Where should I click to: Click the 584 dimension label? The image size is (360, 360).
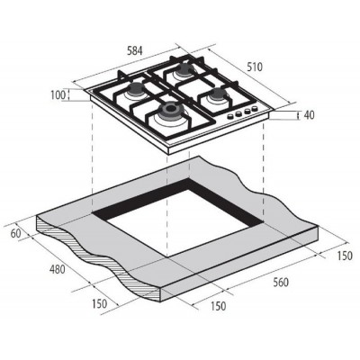tap(134, 51)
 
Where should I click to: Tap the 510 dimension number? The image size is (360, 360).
tap(255, 67)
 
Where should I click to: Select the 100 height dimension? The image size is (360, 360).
tap(58, 95)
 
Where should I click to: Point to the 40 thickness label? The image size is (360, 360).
tap(309, 115)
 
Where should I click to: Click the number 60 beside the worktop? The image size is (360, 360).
tap(16, 234)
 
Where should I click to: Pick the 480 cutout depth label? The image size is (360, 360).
tap(57, 269)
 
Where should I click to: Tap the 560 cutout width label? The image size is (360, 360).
tap(281, 283)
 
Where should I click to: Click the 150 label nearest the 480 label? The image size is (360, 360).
tap(99, 304)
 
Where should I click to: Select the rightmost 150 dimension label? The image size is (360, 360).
tap(345, 256)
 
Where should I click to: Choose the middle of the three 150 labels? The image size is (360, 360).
tap(218, 306)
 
